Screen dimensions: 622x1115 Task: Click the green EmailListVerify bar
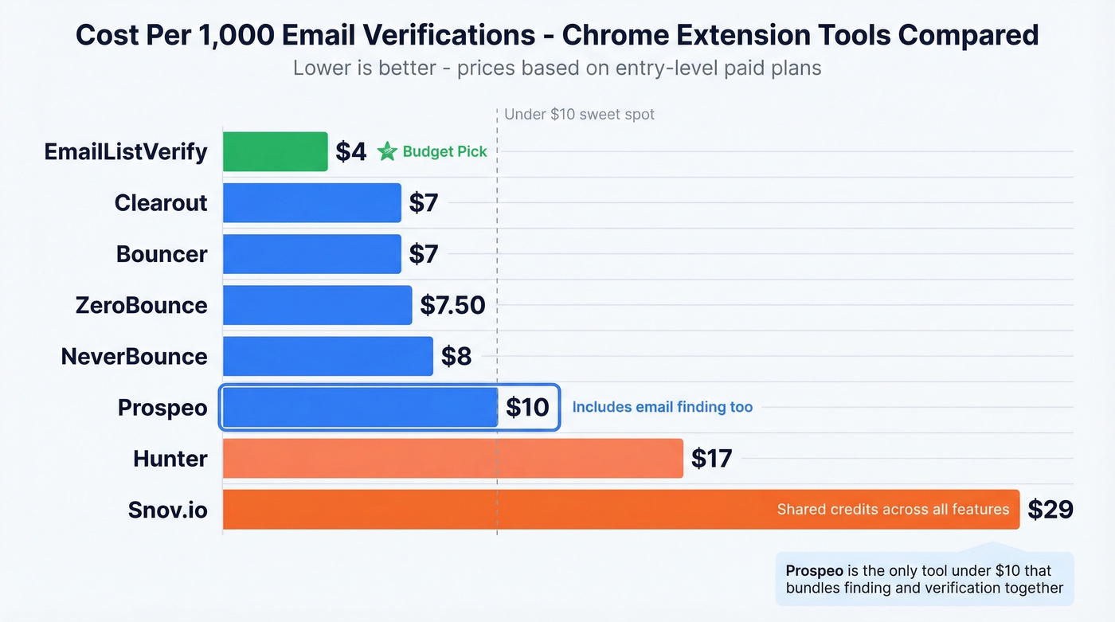pyautogui.click(x=275, y=151)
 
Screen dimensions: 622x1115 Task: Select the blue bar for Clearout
pyautogui.click(x=311, y=202)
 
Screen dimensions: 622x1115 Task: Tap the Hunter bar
pyautogui.click(x=452, y=458)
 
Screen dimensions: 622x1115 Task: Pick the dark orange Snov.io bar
pyautogui.click(x=494, y=510)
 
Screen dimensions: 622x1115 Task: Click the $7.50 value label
pyautogui.click(x=452, y=305)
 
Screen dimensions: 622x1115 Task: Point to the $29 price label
pyautogui.click(x=1050, y=510)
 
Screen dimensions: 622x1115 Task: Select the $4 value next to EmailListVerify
pyautogui.click(x=350, y=151)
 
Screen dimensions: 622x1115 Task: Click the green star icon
pyautogui.click(x=387, y=151)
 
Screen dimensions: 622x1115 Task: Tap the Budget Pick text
pyautogui.click(x=444, y=151)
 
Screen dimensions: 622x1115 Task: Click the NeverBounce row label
pyautogui.click(x=134, y=356)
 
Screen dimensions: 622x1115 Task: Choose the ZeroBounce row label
pyautogui.click(x=141, y=305)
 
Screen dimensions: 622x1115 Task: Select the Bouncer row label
pyautogui.click(x=162, y=254)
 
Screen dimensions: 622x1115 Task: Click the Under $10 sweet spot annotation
pyautogui.click(x=579, y=114)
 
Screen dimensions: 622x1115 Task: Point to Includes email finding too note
pyautogui.click(x=662, y=407)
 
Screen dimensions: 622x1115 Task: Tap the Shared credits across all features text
pyautogui.click(x=893, y=510)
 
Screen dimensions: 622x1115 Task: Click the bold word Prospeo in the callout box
pyautogui.click(x=814, y=571)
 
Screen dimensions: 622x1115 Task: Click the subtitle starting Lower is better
pyautogui.click(x=557, y=68)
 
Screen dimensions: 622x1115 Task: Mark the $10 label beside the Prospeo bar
pyautogui.click(x=527, y=407)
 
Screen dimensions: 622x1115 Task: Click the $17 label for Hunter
pyautogui.click(x=711, y=458)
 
